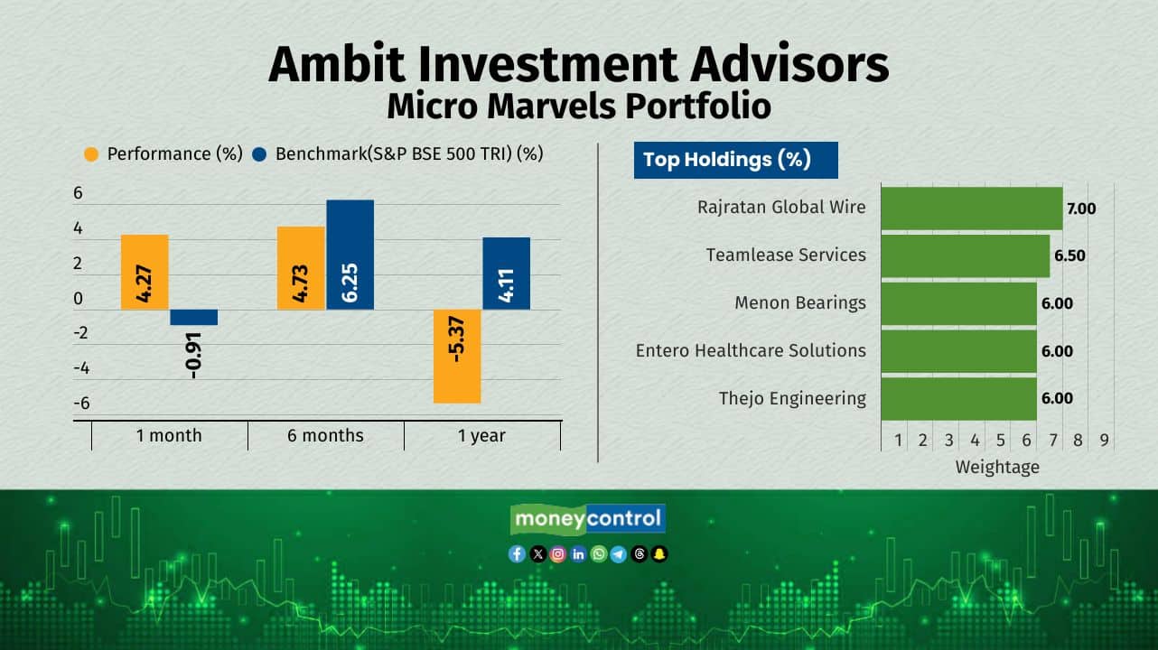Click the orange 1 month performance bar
pyautogui.click(x=145, y=273)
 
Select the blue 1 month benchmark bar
pyautogui.click(x=194, y=317)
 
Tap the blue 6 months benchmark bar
pyautogui.click(x=350, y=255)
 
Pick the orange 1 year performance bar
pyautogui.click(x=457, y=356)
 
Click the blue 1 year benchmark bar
pyautogui.click(x=506, y=274)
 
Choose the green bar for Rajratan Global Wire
pyautogui.click(x=972, y=209)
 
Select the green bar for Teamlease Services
pyautogui.click(x=966, y=256)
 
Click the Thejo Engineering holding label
pyautogui.click(x=792, y=398)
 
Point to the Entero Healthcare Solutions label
pyautogui.click(x=751, y=350)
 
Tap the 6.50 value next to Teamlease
pyautogui.click(x=1069, y=255)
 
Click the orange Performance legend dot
pyautogui.click(x=91, y=154)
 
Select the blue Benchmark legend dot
pyautogui.click(x=259, y=154)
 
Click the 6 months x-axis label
pyautogui.click(x=325, y=435)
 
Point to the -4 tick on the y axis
pyautogui.click(x=81, y=368)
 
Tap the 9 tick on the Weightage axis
pyautogui.click(x=1104, y=441)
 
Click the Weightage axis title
pyautogui.click(x=997, y=467)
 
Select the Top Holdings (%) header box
pyautogui.click(x=735, y=160)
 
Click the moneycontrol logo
pyautogui.click(x=588, y=519)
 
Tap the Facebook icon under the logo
pyautogui.click(x=517, y=554)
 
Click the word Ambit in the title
pyautogui.click(x=336, y=65)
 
